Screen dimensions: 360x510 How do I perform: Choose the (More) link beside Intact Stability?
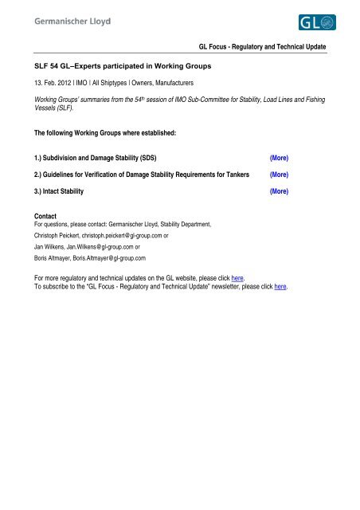279,192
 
